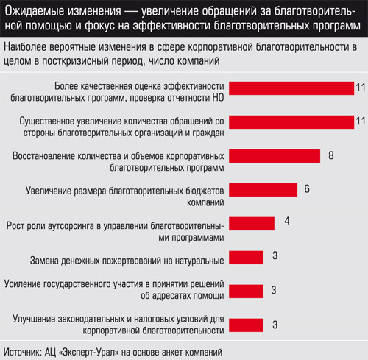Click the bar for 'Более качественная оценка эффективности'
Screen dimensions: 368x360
291,88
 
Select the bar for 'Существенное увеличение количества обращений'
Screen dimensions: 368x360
291,122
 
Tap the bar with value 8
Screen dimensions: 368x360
275,156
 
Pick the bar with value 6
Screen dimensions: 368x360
263,190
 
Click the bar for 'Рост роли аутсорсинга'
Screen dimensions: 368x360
252,224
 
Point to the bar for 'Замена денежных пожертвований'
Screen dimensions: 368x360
246,258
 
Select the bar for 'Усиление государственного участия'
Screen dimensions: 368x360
246,292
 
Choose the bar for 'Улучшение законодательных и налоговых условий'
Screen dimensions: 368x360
246,325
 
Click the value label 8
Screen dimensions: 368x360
331,155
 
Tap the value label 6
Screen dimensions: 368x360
307,189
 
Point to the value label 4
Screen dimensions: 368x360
287,221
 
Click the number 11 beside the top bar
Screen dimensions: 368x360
361,88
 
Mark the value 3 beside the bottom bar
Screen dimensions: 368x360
275,325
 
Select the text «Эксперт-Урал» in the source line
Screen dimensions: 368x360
89,353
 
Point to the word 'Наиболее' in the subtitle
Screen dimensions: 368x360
25,47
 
